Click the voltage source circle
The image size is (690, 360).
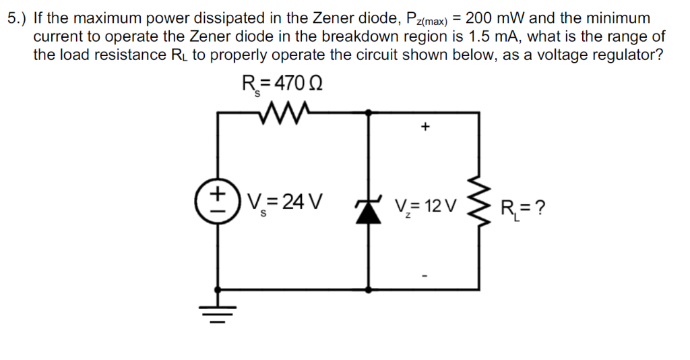(x=218, y=202)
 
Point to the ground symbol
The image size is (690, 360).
(x=218, y=312)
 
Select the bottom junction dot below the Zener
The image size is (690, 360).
(x=368, y=290)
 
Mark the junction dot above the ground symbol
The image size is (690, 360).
(x=218, y=290)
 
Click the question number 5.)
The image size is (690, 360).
(x=18, y=18)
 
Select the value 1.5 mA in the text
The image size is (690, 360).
(x=486, y=36)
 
